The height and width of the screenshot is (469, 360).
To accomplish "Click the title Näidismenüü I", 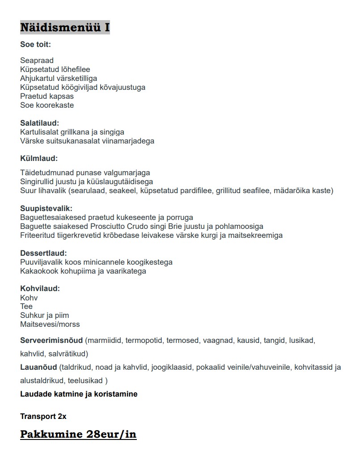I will [65, 27].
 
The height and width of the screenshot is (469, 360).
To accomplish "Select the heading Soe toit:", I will [35, 44].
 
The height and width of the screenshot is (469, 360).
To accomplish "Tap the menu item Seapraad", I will [37, 60].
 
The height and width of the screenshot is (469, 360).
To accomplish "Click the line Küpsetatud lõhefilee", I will [55, 69].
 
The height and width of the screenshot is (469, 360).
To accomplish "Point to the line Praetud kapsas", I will [47, 96].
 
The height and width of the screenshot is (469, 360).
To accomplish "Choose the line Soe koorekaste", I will [47, 105].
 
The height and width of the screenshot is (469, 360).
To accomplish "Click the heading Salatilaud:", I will [40, 123].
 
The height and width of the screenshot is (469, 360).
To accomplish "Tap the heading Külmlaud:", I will [39, 158].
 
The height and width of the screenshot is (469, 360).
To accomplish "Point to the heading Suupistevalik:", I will [46, 208].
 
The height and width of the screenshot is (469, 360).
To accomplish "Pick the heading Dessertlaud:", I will [43, 253].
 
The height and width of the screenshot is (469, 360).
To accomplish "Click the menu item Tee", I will [26, 306].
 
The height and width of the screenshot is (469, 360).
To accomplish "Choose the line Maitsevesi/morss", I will [50, 324].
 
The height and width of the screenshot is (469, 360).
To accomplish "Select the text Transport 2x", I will [43, 416].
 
